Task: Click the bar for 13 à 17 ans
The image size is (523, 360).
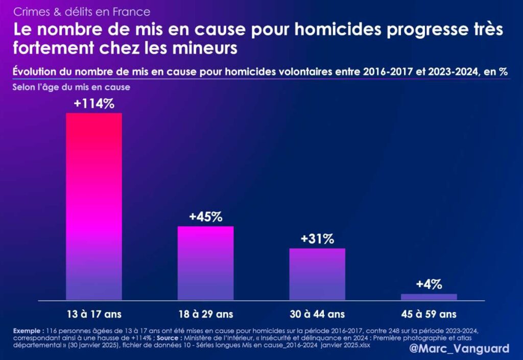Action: click(94, 206)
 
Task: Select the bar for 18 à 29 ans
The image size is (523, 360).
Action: click(205, 263)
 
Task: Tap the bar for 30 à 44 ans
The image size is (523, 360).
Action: click(317, 274)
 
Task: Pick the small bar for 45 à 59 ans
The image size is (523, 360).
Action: click(429, 297)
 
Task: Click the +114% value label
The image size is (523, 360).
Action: click(94, 103)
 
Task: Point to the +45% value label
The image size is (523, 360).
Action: click(205, 216)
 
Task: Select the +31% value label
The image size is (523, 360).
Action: click(317, 238)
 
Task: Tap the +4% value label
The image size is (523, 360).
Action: click(429, 284)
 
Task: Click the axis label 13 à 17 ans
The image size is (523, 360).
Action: click(94, 314)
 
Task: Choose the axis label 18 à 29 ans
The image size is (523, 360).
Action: click(205, 314)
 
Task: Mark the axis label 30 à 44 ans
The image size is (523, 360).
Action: click(317, 314)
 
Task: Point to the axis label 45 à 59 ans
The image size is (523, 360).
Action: click(429, 314)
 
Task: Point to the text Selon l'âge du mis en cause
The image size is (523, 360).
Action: click(72, 87)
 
